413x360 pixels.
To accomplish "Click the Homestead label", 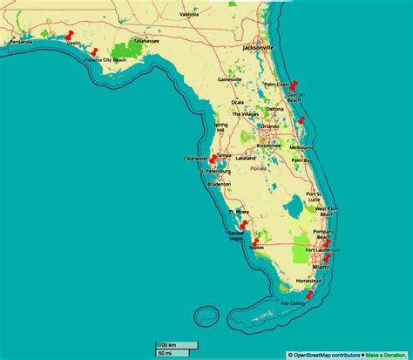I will tap(309, 282).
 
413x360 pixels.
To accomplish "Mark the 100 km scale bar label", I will tap(167, 345).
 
